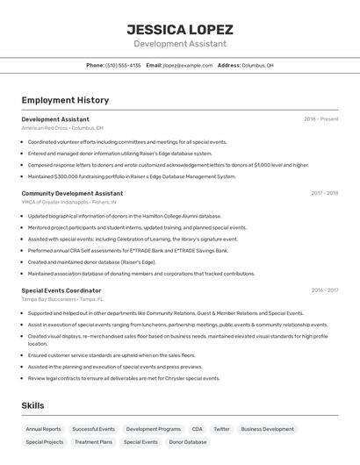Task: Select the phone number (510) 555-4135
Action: pos(123,65)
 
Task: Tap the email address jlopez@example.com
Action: pos(187,65)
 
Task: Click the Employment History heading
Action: pos(65,100)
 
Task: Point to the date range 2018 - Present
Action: pos(320,119)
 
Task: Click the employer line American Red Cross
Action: pos(62,128)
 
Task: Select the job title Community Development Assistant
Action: pos(72,193)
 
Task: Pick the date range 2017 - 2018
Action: pos(324,193)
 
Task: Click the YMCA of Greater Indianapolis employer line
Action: pos(68,202)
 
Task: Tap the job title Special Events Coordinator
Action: pos(61,290)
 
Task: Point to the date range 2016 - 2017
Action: pos(324,290)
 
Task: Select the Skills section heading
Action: pos(32,406)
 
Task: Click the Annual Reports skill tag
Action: pos(43,429)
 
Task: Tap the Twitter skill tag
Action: pos(221,429)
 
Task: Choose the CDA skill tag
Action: pos(197,429)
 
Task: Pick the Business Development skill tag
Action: pos(267,429)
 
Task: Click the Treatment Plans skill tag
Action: pos(93,442)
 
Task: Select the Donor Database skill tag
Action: pos(188,442)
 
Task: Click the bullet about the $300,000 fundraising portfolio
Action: pos(132,176)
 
